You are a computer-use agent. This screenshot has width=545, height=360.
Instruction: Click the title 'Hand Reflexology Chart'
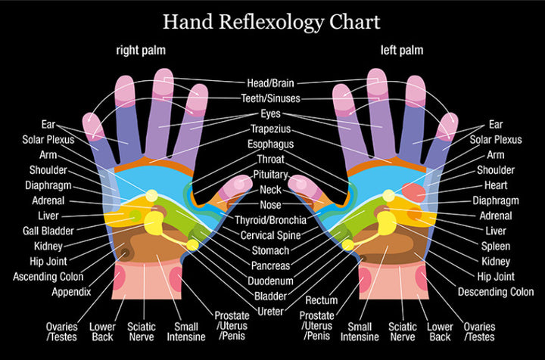click(x=272, y=21)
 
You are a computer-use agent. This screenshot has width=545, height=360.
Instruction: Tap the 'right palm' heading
click(x=141, y=51)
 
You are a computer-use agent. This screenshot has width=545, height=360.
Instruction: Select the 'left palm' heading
click(x=402, y=51)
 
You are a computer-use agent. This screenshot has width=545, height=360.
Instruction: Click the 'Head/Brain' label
click(x=270, y=83)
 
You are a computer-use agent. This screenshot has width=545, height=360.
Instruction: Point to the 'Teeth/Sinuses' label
click(x=271, y=98)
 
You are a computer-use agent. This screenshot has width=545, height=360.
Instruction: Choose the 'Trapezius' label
click(x=271, y=129)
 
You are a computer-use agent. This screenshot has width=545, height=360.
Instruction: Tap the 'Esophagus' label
click(x=270, y=144)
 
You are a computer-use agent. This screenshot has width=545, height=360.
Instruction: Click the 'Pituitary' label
click(x=270, y=174)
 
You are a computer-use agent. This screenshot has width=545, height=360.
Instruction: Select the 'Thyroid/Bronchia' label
click(x=271, y=220)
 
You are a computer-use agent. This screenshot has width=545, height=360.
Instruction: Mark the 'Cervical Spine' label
click(x=271, y=235)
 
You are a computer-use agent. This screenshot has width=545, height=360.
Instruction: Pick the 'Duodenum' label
click(x=270, y=281)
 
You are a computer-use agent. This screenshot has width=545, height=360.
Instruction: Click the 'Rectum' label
click(x=322, y=300)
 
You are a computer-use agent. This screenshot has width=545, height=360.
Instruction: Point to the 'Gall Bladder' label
click(x=48, y=231)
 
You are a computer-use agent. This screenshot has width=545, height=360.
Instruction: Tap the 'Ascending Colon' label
click(x=48, y=277)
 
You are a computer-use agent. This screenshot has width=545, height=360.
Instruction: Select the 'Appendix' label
click(x=71, y=292)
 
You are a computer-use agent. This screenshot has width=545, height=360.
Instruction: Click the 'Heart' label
click(x=496, y=185)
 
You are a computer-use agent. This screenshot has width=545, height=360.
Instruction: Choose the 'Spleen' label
click(x=496, y=246)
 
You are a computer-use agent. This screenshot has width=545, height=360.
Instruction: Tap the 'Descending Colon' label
click(x=496, y=292)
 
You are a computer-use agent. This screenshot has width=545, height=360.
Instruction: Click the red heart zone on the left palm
click(x=413, y=192)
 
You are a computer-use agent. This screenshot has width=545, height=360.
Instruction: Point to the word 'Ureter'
click(x=270, y=312)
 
